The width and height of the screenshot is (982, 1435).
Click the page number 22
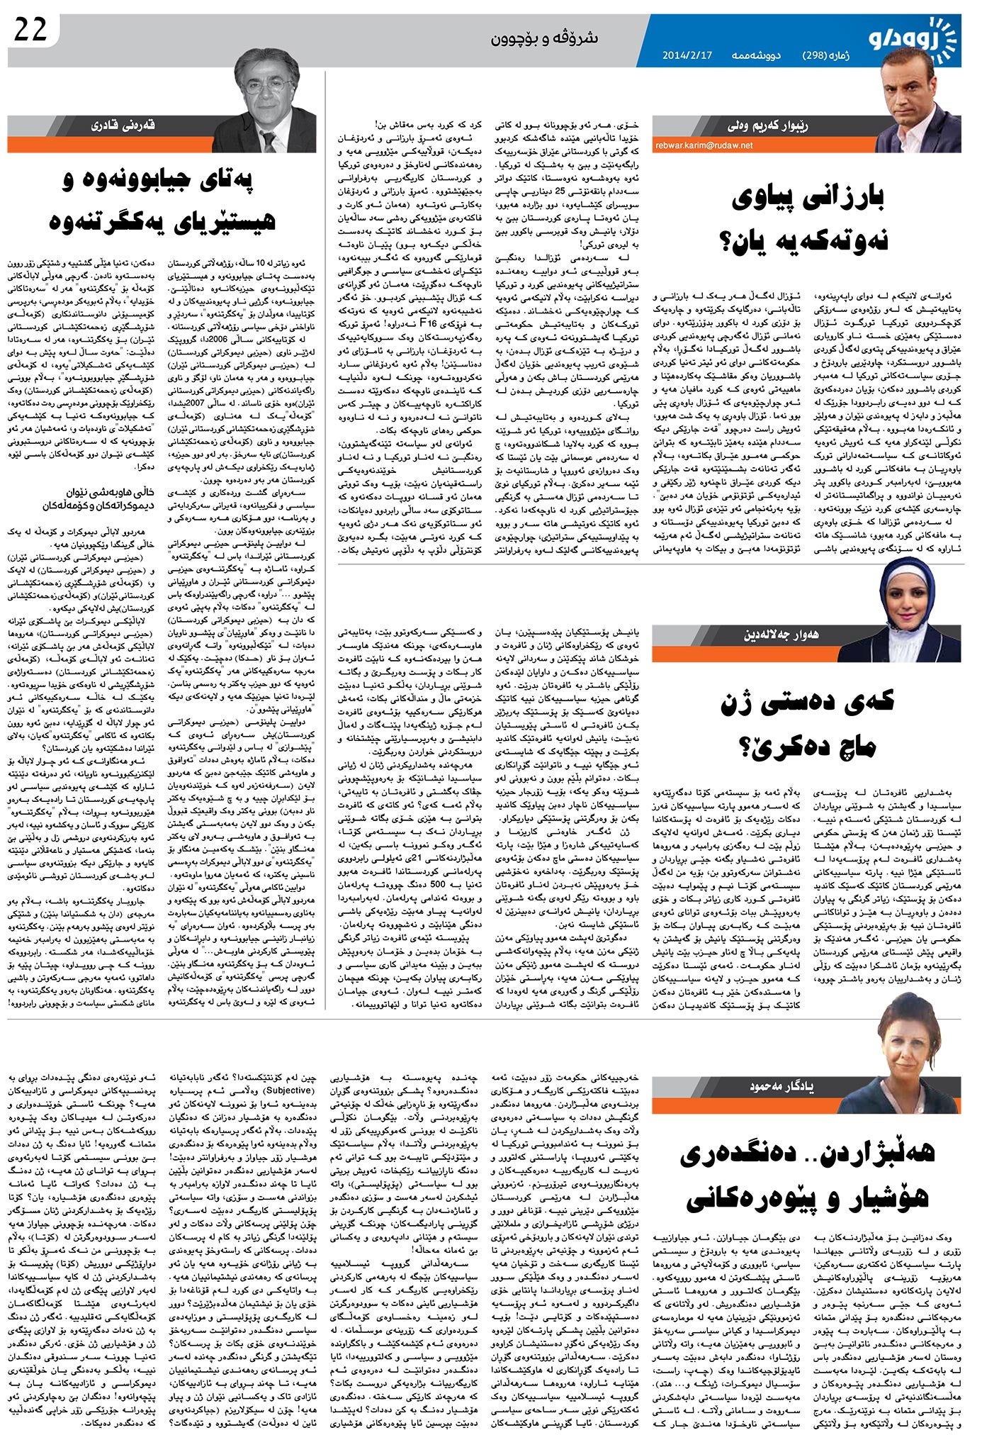(x=29, y=30)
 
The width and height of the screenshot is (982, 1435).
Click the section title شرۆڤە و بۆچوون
(x=545, y=38)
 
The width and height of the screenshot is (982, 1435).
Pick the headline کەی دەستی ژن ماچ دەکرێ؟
(x=808, y=723)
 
